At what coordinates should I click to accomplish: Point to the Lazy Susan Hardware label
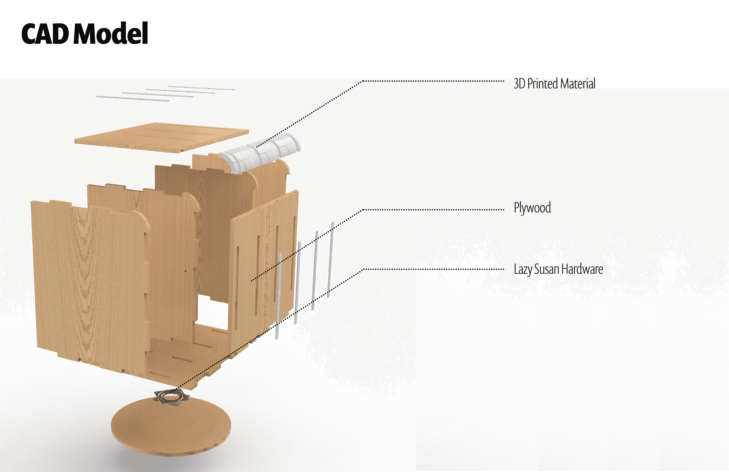pyautogui.click(x=558, y=269)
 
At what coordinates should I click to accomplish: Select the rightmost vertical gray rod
pyautogui.click(x=331, y=259)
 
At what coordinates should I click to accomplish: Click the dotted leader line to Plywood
pyautogui.click(x=429, y=210)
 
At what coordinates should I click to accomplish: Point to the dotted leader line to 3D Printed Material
pyautogui.click(x=429, y=81)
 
